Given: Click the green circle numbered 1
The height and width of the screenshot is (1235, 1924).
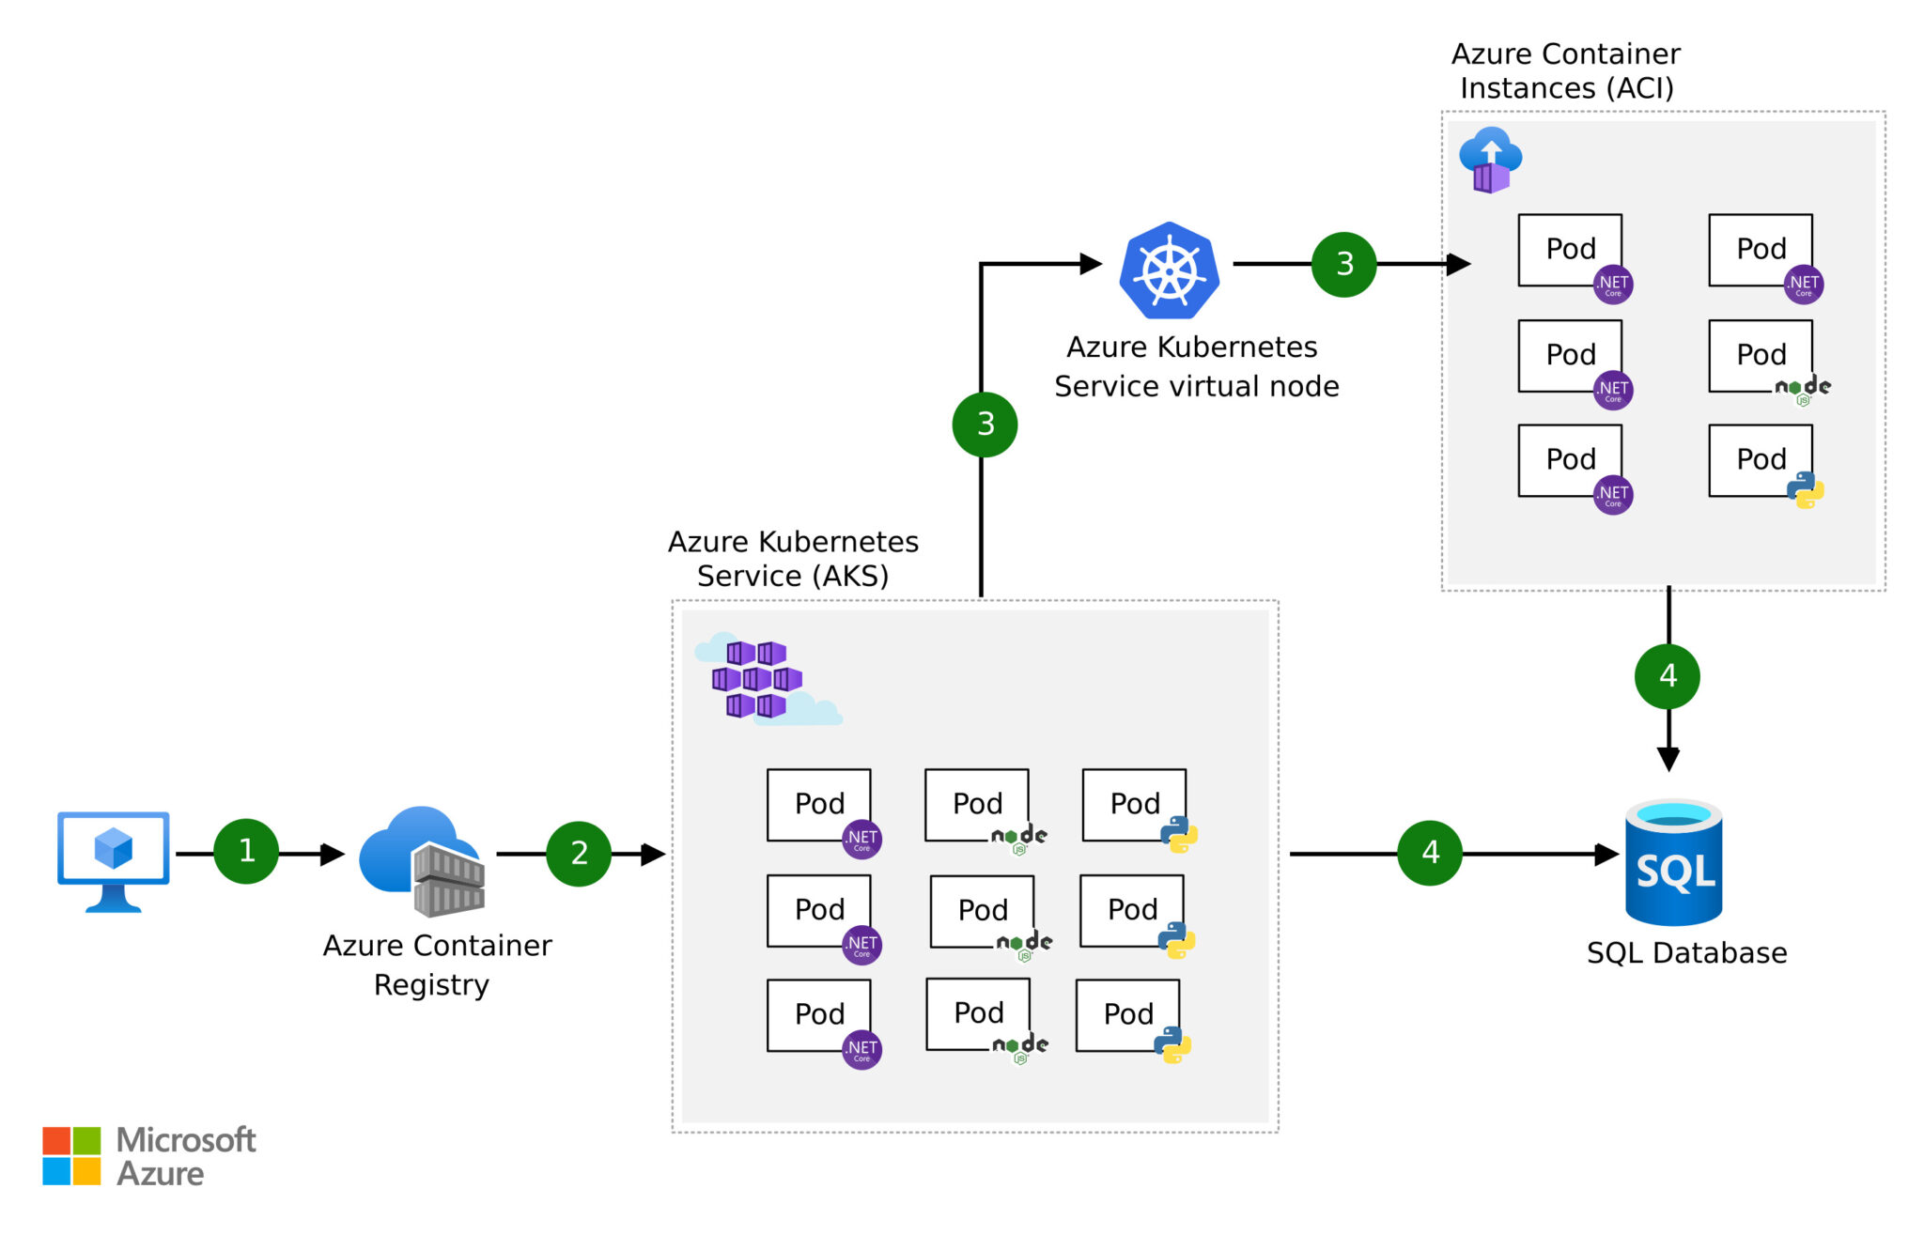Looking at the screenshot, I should pyautogui.click(x=246, y=851).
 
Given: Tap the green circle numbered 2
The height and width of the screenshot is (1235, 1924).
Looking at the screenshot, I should pyautogui.click(x=579, y=853).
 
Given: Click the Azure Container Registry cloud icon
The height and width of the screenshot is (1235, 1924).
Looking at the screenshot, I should pyautogui.click(x=422, y=860).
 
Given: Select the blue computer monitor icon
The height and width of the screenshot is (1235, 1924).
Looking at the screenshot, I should pyautogui.click(x=114, y=858).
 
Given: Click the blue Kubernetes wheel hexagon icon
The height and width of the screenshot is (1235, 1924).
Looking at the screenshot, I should pyautogui.click(x=1169, y=270).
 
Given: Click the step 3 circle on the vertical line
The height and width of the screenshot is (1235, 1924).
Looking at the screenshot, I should pyautogui.click(x=985, y=425).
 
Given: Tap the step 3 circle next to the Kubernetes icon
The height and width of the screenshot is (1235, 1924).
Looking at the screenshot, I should pyautogui.click(x=1343, y=265).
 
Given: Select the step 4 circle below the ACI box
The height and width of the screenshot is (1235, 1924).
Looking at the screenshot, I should pyautogui.click(x=1668, y=675).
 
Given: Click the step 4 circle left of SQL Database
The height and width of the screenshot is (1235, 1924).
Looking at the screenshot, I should pyautogui.click(x=1430, y=853).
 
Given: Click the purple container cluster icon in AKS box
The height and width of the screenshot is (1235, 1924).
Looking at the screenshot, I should pyautogui.click(x=757, y=678).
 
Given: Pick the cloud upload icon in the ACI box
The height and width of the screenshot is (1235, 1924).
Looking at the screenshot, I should pyautogui.click(x=1490, y=160).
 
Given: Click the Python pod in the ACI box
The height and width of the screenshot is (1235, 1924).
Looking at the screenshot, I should pyautogui.click(x=1761, y=460).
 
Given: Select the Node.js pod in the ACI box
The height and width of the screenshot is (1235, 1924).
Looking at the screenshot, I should pyautogui.click(x=1761, y=356).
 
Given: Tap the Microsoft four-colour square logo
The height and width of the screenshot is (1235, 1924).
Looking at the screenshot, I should pyautogui.click(x=71, y=1155).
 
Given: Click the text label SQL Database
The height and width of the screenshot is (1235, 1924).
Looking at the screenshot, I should pyautogui.click(x=1686, y=952).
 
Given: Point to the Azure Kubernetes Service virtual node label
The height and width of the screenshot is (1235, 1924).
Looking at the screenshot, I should pyautogui.click(x=1195, y=366).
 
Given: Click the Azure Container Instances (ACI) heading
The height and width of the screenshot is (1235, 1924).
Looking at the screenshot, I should pyautogui.click(x=1565, y=70).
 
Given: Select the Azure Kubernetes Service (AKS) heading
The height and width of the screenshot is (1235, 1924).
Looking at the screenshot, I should pyautogui.click(x=793, y=558).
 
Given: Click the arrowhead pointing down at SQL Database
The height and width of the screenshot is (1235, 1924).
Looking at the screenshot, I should pyautogui.click(x=1668, y=758).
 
